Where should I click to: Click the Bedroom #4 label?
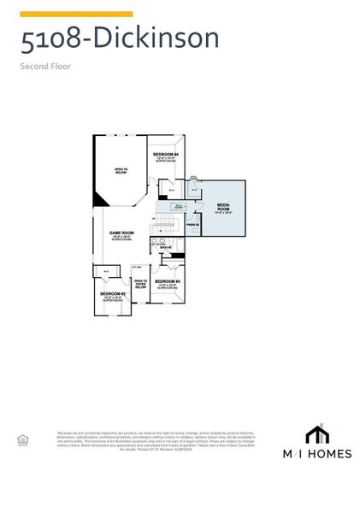[x=166, y=155]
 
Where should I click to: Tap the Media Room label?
[x=223, y=205]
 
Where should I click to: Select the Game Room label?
[x=121, y=233]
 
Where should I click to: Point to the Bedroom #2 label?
[x=112, y=296]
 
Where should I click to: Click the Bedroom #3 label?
[x=167, y=282]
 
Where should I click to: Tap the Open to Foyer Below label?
[x=141, y=284]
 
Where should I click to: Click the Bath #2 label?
[x=165, y=248]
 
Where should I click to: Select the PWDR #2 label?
[x=192, y=225]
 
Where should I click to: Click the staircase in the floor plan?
[x=167, y=224]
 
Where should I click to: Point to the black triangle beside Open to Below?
[x=100, y=198]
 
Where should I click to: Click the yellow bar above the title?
[x=76, y=14]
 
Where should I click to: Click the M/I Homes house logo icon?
[x=317, y=433]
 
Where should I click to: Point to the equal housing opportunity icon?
[x=23, y=439]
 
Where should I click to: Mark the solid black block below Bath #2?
[x=178, y=256]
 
